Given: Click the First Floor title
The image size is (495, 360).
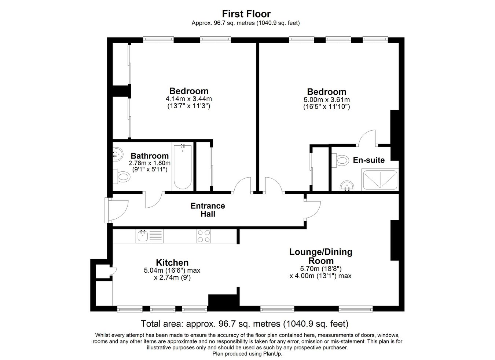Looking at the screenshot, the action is pos(246,14).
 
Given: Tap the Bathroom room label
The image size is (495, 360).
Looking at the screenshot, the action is pos(150,156).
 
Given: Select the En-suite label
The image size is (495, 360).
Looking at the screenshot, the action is pos(368,160).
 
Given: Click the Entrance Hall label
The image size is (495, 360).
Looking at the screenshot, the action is pos(208,210).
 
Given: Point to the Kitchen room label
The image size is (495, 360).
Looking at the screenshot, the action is pos(172,263).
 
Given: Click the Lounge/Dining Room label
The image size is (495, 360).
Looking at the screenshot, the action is pos(321,256).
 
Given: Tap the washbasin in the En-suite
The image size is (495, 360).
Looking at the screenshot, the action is pos(347,186).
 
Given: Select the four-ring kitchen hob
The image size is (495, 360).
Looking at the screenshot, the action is pos(204,236).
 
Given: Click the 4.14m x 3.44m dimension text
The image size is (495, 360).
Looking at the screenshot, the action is pos(189,99).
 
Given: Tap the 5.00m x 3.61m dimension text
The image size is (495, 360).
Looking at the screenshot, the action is pos(327,99).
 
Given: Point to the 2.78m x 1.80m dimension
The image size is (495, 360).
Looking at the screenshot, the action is pos(150,163).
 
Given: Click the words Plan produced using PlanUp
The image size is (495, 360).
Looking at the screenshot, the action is pos(247,354).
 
